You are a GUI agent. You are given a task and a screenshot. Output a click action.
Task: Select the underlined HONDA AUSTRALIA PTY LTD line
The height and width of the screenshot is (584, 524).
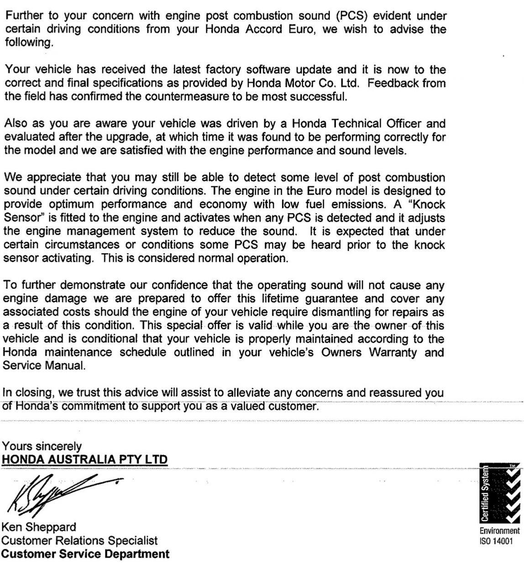pyautogui.click(x=85, y=459)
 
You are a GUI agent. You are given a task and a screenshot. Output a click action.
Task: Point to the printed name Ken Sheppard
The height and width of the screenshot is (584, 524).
pyautogui.click(x=39, y=527)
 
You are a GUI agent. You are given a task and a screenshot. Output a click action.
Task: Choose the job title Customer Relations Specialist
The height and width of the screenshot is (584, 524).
pyautogui.click(x=80, y=541)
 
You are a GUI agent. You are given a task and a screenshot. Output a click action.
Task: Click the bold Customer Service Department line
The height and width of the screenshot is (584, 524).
pyautogui.click(x=86, y=554)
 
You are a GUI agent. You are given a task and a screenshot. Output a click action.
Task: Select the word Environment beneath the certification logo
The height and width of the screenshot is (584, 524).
pyautogui.click(x=499, y=531)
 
